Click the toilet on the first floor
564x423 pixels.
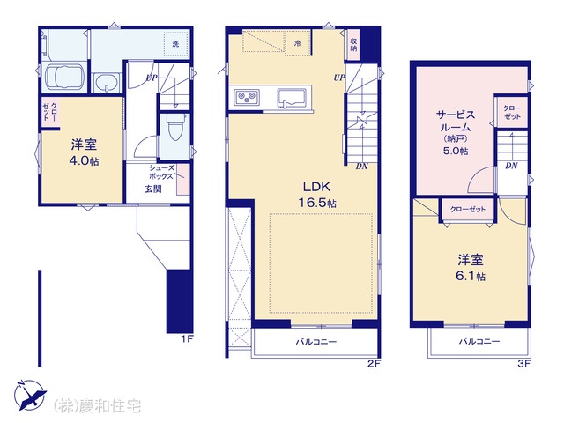176,128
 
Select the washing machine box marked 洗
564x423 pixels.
175,44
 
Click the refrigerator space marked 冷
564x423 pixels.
298,43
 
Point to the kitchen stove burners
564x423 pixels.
247,96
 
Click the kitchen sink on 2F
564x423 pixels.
292,98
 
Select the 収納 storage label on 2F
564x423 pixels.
353,45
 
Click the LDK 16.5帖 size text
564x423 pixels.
317,204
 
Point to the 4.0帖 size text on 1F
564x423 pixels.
84,160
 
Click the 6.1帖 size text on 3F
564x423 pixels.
471,276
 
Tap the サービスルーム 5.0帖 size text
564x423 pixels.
456,151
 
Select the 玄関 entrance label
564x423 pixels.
153,189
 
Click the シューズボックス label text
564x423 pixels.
161,173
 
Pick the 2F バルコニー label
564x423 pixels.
316,341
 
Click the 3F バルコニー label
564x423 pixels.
479,341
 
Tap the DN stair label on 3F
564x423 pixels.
511,166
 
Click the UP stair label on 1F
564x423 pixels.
152,78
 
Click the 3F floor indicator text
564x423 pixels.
524,364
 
